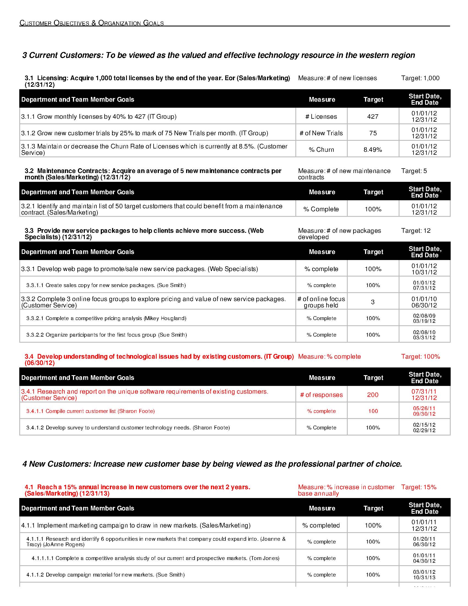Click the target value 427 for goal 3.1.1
point(373,117)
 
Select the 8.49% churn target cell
point(373,150)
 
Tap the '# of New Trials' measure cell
point(321,133)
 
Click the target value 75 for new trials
point(373,133)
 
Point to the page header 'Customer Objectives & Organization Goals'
point(91,23)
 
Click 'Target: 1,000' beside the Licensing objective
point(420,78)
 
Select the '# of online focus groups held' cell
point(321,302)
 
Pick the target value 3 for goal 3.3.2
point(373,302)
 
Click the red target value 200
point(373,394)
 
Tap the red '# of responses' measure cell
point(321,395)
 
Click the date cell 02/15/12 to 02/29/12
point(424,428)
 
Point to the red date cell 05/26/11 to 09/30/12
point(424,411)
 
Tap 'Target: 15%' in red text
point(419,487)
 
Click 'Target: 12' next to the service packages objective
point(416,231)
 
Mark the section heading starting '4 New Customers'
point(212,464)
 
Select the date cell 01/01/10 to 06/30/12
point(424,302)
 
